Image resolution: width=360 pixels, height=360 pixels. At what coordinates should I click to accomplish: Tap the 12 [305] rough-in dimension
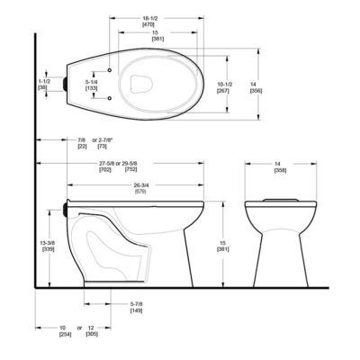pyautogui.click(x=101, y=333)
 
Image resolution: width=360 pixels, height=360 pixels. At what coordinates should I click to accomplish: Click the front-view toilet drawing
pyautogui.click(x=277, y=234)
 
